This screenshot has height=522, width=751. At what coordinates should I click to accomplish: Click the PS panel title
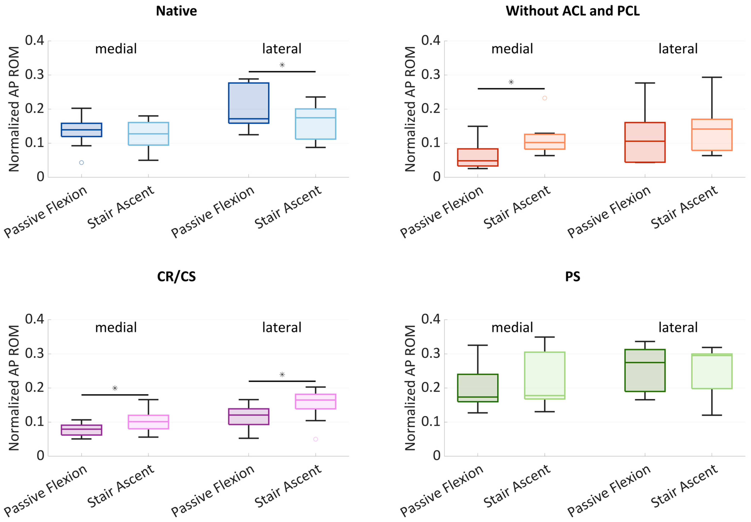573,277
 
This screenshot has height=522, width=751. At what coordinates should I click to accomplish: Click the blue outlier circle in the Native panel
81,163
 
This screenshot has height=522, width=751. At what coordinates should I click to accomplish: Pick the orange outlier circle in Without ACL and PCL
544,98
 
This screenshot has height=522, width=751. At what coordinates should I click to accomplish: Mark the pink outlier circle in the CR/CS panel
315,439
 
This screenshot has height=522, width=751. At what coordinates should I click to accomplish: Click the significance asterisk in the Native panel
282,65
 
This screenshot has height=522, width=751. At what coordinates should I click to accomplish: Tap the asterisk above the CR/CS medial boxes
115,388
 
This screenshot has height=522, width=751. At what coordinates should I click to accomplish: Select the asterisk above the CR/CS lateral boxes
282,374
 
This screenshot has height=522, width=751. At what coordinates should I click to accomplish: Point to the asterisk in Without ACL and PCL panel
511,82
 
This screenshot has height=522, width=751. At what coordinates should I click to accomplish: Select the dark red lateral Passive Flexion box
645,142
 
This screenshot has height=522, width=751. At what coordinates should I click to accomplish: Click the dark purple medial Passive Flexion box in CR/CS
81,430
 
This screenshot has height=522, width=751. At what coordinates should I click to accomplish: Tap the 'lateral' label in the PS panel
678,327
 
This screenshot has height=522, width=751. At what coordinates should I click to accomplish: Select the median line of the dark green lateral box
645,362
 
